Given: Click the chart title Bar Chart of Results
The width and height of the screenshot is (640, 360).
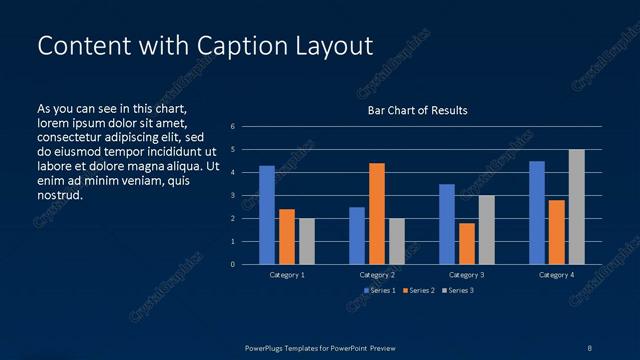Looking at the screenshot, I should [x=417, y=110].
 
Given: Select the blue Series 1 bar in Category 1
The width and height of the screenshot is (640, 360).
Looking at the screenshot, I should [x=267, y=215].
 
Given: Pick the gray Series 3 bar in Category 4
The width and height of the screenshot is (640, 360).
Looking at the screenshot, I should [x=576, y=207].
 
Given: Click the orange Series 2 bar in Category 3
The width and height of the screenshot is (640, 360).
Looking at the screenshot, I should [x=466, y=243].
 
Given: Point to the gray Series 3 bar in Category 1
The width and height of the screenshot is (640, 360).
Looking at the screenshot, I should [x=306, y=241].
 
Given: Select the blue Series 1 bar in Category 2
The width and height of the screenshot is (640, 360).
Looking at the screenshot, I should [x=357, y=235].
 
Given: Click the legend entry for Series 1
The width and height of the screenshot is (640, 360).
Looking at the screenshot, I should [x=379, y=290].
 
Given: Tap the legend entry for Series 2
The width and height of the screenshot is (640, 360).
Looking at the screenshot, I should [x=418, y=290].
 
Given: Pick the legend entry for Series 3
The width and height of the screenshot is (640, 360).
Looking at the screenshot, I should [x=457, y=290].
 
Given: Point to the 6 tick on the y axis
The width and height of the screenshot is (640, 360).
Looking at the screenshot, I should [x=232, y=127].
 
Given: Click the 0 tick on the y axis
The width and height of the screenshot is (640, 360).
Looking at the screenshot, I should [x=232, y=265].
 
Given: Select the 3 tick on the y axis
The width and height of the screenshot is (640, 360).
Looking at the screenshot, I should [x=232, y=196].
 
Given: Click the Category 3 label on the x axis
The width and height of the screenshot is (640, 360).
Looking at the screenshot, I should [x=466, y=274].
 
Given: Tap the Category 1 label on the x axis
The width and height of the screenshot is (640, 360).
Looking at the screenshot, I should [x=286, y=274].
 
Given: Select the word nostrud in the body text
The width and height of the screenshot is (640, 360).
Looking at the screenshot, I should [x=59, y=195].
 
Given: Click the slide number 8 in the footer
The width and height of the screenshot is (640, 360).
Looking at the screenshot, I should [x=589, y=346].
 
